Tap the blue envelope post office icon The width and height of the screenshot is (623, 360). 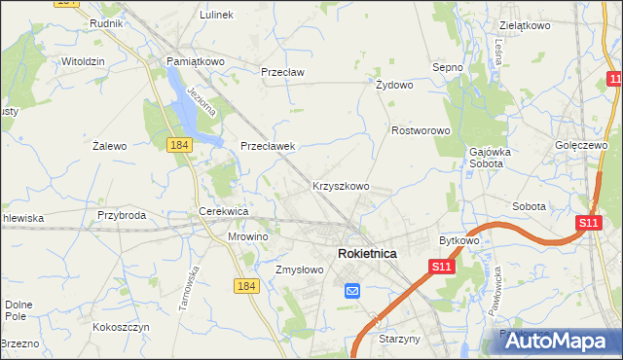352,290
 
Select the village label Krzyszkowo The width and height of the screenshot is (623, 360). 340,185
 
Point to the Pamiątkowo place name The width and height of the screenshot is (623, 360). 195,61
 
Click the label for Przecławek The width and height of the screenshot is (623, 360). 268,146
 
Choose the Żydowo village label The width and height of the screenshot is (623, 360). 394,85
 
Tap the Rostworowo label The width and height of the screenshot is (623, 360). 420,130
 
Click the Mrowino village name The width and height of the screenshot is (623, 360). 247,236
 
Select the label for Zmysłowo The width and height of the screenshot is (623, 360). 299,270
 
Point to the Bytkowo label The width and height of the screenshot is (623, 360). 459,239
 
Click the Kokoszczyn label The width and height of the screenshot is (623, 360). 121,328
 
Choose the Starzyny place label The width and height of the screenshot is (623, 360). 398,339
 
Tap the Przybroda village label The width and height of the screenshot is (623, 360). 122,216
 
